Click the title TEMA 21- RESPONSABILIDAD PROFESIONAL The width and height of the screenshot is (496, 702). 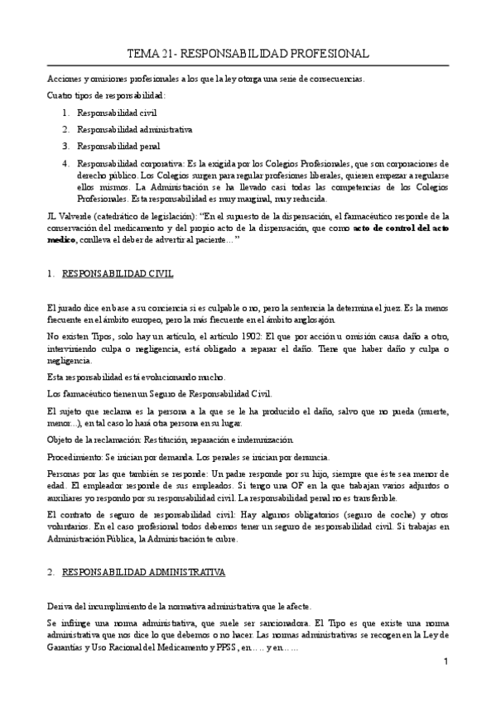click(x=248, y=54)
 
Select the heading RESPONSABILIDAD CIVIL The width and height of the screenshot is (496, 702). click(x=118, y=272)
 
